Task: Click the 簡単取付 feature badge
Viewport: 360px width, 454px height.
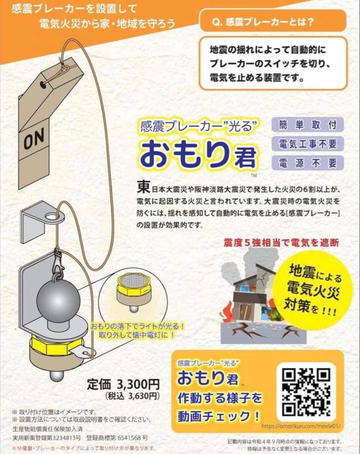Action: click(308, 125)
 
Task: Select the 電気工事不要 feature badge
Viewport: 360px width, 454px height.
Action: click(308, 144)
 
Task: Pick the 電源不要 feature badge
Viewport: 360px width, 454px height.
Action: click(308, 163)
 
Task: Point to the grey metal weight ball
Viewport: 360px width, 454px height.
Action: click(58, 300)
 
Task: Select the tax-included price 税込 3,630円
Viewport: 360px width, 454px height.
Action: click(132, 396)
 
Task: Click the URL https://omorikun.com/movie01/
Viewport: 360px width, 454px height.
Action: click(299, 426)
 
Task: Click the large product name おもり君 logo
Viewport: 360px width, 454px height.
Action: click(198, 153)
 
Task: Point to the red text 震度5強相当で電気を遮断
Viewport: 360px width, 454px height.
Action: click(281, 243)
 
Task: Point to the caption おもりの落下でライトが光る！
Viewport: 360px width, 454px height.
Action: click(136, 326)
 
